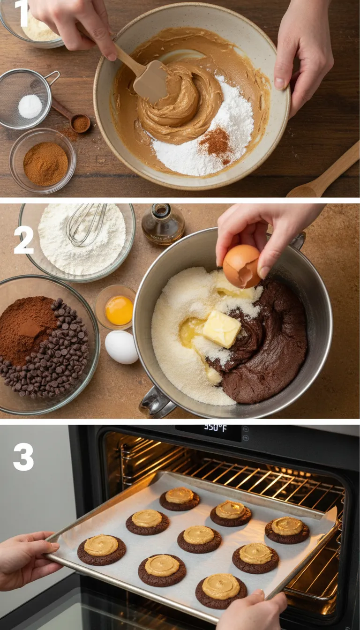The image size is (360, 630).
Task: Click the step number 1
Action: tap(21, 14)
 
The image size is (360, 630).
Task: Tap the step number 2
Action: tap(23, 240)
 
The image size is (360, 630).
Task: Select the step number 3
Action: tap(23, 457)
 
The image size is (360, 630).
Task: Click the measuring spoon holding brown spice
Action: tap(80, 123)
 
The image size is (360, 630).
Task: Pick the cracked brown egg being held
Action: tap(242, 266)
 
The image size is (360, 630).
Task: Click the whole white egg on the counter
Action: tap(121, 347)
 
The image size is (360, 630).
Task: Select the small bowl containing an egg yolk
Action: tap(116, 307)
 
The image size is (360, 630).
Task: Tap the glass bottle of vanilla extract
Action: tap(163, 225)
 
